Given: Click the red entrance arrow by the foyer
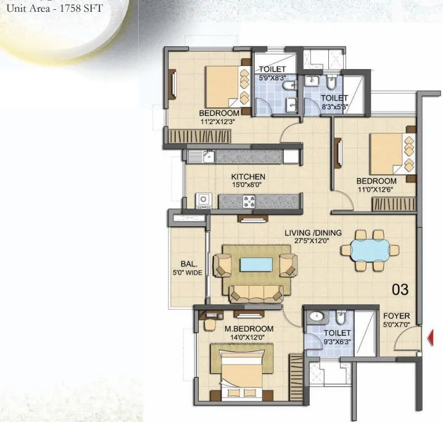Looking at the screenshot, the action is pos(431,337).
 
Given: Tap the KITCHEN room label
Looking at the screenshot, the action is pos(248,177).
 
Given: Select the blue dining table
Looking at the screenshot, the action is pos(370,250).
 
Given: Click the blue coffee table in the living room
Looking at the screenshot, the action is pos(256,265).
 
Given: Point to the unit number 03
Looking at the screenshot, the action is pos(400,289).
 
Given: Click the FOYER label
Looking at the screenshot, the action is pos(396,316).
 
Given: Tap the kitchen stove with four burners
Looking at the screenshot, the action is pos(249,201).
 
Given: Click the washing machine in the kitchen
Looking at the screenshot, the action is pos(204,201).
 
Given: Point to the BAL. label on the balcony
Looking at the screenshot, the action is pos(189,264).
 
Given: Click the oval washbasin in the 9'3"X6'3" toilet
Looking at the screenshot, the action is pos(316,316).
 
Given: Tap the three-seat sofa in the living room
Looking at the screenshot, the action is pos(256,294).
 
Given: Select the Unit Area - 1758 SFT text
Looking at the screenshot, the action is pos(54,8).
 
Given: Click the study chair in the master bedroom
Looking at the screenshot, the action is pos(210,325).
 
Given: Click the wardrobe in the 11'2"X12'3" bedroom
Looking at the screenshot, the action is pos(199,136).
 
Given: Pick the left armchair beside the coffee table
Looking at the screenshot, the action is pos(222,265).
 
